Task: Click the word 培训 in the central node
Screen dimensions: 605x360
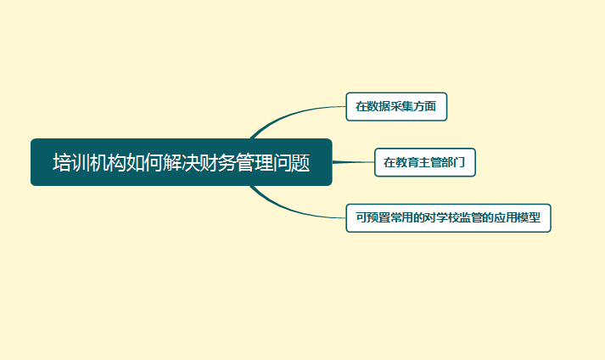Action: (71, 163)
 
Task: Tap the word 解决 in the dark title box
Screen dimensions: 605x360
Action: (182, 163)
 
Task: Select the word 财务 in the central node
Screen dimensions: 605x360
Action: (218, 163)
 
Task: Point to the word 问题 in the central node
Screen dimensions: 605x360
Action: (292, 163)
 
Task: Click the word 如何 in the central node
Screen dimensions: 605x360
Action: (145, 163)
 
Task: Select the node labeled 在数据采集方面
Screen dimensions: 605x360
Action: (396, 107)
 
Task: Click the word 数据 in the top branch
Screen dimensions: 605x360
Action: (378, 106)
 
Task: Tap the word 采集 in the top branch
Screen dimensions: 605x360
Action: (401, 106)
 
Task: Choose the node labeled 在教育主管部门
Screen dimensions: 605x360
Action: (425, 162)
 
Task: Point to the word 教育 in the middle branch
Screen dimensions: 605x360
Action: (406, 162)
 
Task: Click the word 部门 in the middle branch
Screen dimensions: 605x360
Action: (453, 162)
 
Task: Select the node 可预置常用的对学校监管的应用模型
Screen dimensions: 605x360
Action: (448, 218)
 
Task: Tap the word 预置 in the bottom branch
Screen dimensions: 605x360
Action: (378, 218)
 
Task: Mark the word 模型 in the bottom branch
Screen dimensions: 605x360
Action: (529, 218)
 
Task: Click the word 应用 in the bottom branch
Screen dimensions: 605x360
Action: (506, 218)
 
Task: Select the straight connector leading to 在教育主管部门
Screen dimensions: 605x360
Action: (353, 162)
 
